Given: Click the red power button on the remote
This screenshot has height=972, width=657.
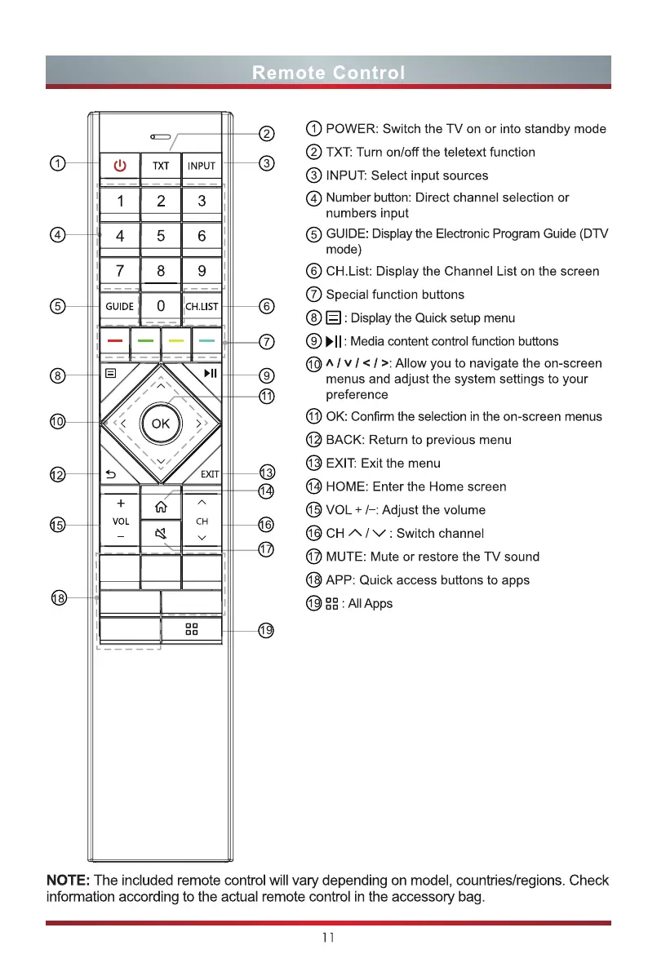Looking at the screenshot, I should click(x=120, y=166).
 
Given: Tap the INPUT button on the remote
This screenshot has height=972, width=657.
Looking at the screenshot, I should click(x=202, y=166).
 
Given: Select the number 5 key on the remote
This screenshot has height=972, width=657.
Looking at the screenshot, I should click(x=161, y=236).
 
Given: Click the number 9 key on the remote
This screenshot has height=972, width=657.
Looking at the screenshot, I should click(x=202, y=270).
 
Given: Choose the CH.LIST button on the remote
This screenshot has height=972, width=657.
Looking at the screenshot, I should click(x=202, y=307).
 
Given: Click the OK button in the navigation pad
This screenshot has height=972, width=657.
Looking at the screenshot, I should click(x=161, y=423).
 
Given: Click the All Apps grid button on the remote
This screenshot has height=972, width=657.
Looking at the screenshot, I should click(x=192, y=630).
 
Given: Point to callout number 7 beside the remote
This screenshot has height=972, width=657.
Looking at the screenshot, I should click(x=266, y=340).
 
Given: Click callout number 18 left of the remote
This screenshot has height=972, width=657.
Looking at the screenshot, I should click(x=57, y=599).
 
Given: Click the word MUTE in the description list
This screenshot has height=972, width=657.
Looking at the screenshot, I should click(x=346, y=557).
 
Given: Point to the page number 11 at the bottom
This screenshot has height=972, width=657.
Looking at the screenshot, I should click(x=328, y=938).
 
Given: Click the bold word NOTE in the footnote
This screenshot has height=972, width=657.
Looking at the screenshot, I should click(x=69, y=881).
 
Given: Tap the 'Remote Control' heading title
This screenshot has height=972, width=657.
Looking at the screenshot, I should click(x=328, y=73).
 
